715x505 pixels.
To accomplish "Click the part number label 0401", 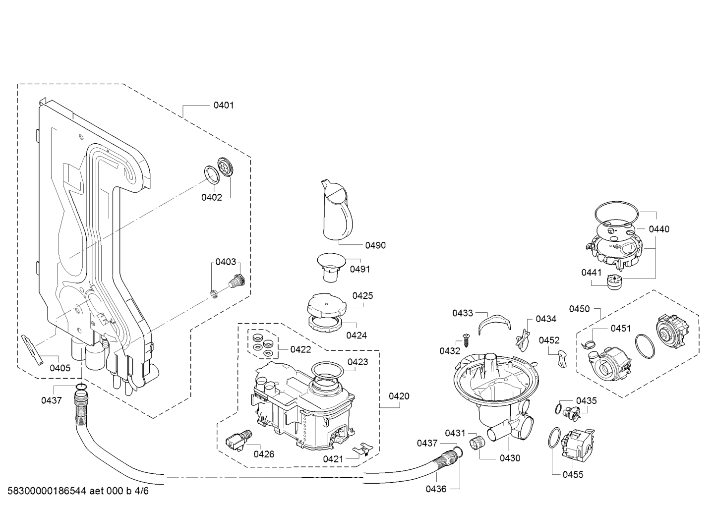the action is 224,105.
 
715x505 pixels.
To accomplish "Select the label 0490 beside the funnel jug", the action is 375,245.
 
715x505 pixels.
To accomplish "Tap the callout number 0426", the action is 264,454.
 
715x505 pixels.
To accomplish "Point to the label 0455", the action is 573,475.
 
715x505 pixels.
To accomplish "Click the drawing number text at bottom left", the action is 78,491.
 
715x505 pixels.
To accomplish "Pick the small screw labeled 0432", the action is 466,338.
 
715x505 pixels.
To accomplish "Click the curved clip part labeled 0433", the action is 494,324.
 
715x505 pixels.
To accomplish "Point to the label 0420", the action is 399,396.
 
